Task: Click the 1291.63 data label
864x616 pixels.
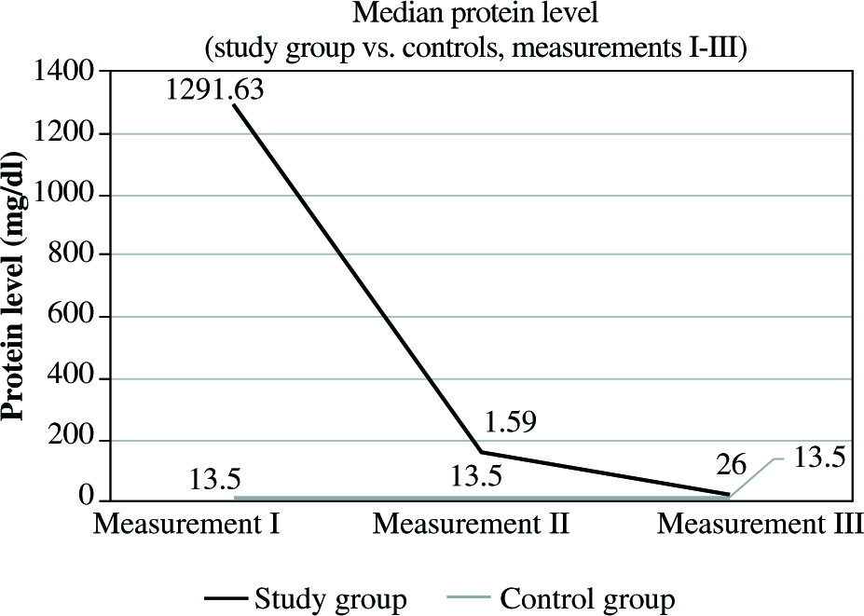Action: point(215,90)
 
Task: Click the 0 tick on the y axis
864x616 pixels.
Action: point(89,501)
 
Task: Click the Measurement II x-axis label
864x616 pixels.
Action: point(471,524)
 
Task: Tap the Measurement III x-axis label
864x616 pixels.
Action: point(760,524)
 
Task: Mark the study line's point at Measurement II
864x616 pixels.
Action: point(480,453)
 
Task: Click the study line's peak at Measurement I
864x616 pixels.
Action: point(233,105)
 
